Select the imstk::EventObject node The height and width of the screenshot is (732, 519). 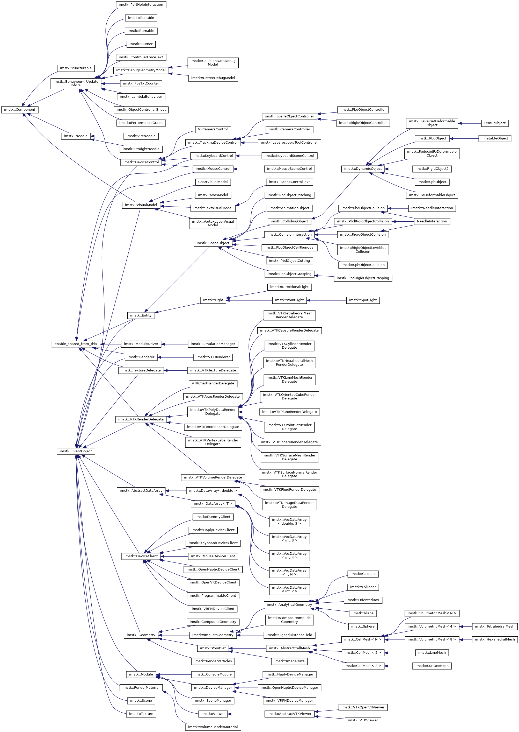[x=76, y=451]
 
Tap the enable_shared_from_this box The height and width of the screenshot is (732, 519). [x=76, y=344]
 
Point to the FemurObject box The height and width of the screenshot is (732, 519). [x=494, y=123]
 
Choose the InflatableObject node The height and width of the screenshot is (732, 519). [x=494, y=138]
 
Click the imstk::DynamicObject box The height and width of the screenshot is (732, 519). [x=363, y=168]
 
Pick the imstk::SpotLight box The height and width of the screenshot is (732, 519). [x=363, y=300]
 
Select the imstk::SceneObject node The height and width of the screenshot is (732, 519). [x=213, y=243]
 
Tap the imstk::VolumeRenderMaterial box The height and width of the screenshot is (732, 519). [x=213, y=727]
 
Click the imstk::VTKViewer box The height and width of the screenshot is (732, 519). [x=363, y=720]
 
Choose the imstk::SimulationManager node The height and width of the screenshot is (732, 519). [x=213, y=344]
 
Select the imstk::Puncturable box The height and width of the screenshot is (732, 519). [x=76, y=68]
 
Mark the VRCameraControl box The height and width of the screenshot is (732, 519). [x=213, y=129]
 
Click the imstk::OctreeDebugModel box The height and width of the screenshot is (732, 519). [x=213, y=78]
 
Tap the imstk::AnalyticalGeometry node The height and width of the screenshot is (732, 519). [x=289, y=604]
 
